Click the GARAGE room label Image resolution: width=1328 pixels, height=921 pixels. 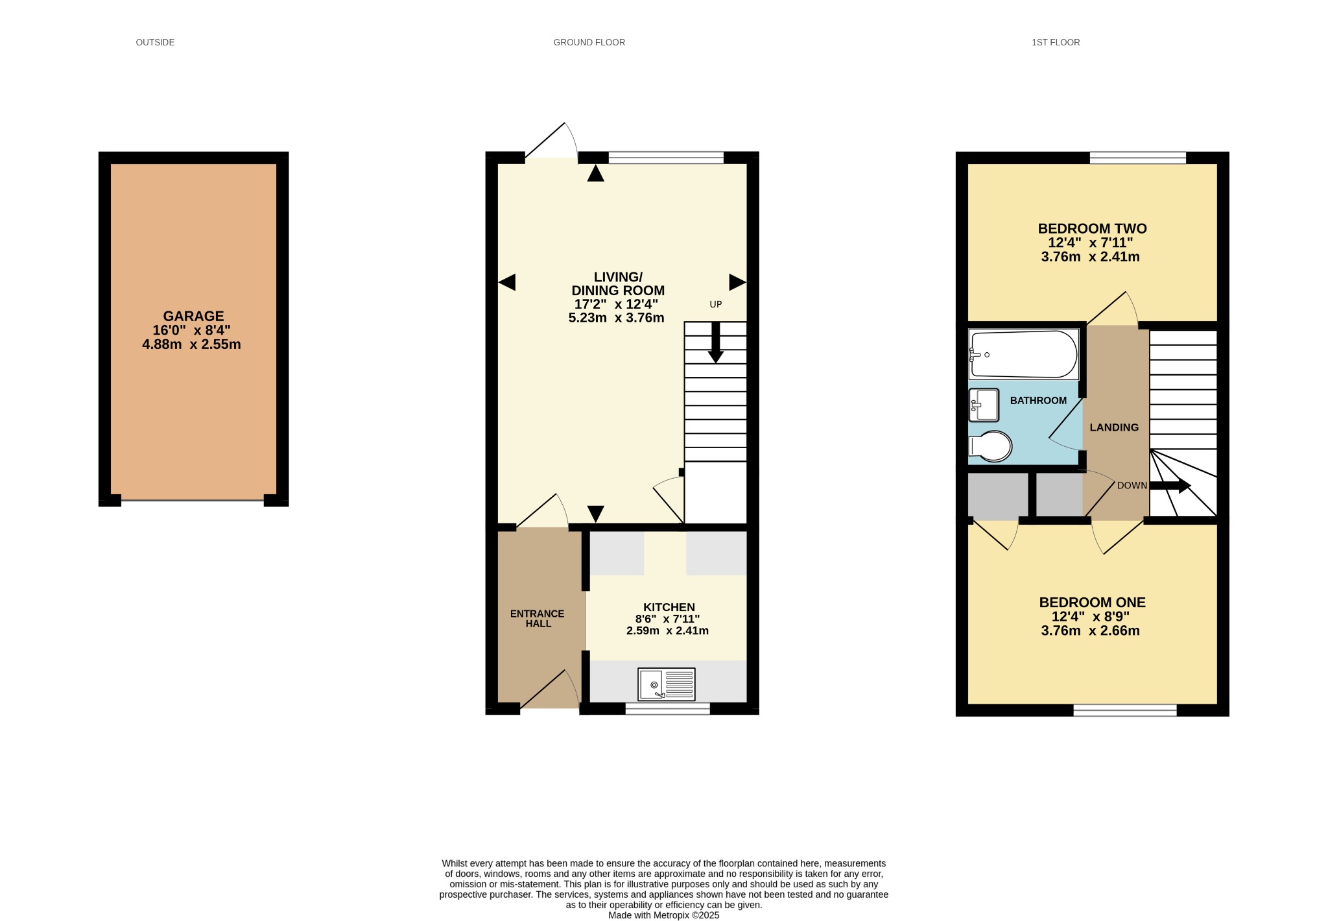point(193,317)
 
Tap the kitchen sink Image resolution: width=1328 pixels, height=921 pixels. point(666,684)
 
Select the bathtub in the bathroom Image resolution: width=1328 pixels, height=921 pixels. point(1023,355)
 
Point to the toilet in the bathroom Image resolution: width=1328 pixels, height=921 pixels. point(990,446)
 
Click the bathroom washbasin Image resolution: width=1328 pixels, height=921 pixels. point(984,405)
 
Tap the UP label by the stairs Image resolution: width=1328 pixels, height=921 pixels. point(716,304)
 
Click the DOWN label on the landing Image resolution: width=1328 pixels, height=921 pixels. point(1132,486)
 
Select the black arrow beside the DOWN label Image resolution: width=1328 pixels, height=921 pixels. point(1170,485)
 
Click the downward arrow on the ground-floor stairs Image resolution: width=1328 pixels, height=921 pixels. point(716,342)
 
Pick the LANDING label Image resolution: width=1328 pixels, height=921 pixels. point(1114,427)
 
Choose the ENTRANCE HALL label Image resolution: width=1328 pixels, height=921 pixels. point(538,619)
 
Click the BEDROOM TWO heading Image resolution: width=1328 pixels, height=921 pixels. point(1092,228)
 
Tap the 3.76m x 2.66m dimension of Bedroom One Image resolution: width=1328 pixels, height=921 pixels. point(1091,630)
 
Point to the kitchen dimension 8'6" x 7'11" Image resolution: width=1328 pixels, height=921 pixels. point(667,619)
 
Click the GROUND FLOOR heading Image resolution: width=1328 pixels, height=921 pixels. point(589,42)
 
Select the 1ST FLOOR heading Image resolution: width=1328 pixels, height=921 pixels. point(1056,42)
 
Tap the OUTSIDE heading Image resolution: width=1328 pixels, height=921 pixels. point(155,42)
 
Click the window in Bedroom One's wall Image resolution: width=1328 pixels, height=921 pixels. point(1125,710)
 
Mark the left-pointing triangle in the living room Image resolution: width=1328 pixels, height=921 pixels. point(507,282)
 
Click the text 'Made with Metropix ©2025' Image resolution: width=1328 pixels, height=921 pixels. point(664,915)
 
